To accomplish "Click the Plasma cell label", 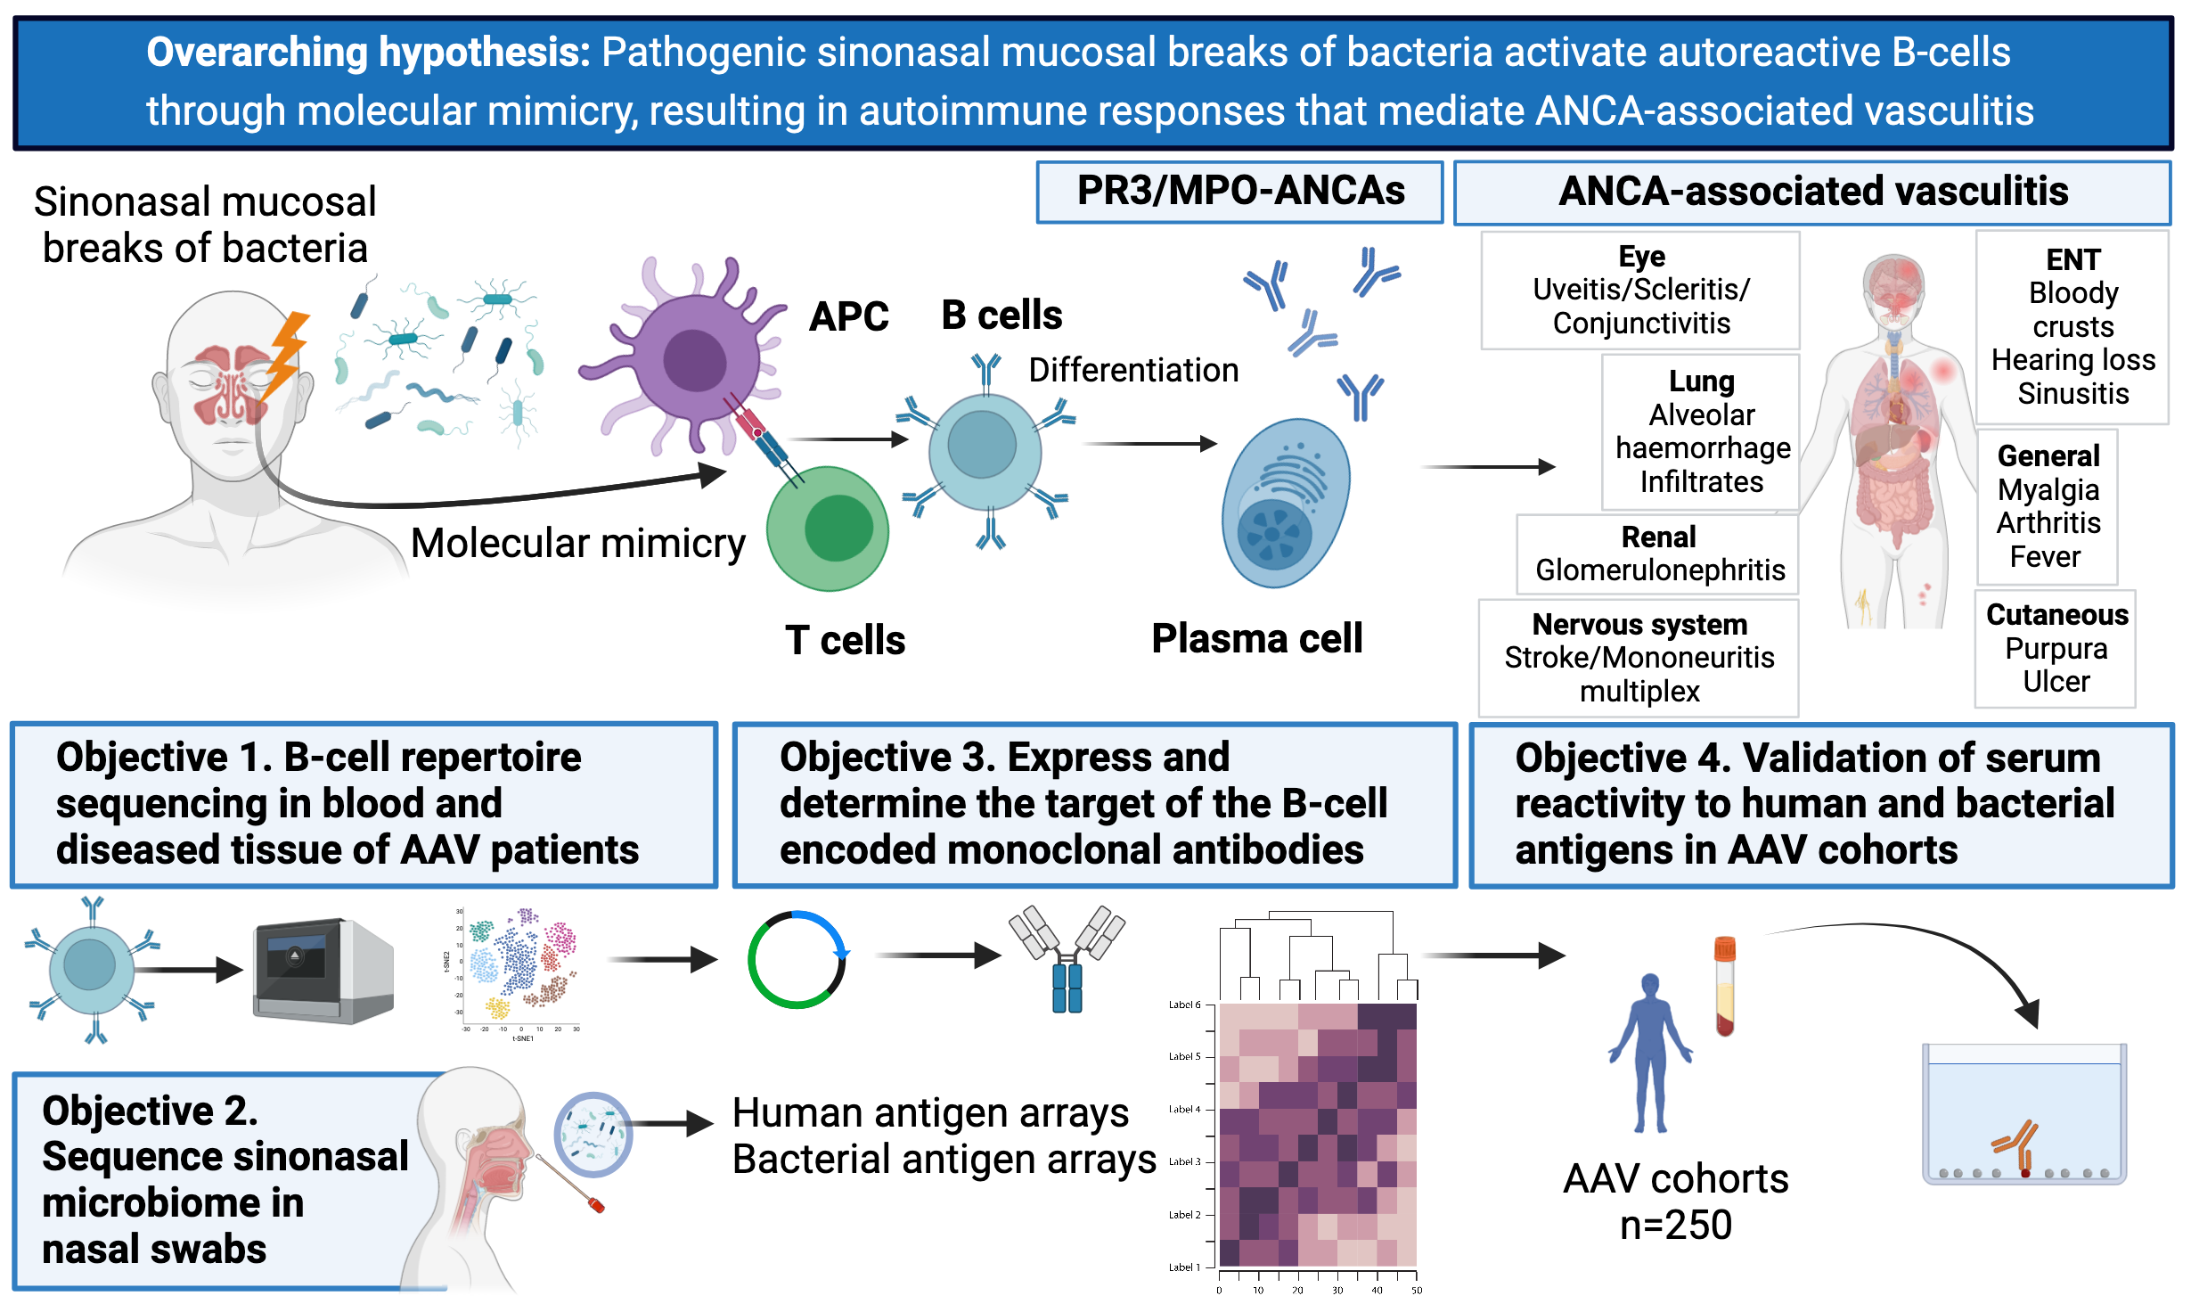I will [x=1256, y=638].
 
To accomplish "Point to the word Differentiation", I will [x=1133, y=370].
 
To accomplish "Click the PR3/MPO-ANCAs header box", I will [x=1239, y=192].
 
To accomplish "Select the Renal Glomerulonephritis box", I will [x=1658, y=554].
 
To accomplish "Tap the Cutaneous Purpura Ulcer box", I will [x=2056, y=648].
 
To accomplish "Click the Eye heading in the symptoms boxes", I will [x=1641, y=257].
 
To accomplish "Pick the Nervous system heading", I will [x=1639, y=624].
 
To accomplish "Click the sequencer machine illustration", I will [x=323, y=971].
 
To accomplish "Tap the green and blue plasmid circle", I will [x=797, y=959].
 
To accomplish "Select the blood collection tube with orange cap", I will [x=1725, y=985].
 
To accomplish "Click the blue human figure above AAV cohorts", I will [x=1650, y=1052].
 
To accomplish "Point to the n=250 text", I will [x=1676, y=1225].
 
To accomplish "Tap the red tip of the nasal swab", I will [x=596, y=1205].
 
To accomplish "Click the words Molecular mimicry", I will [x=577, y=543].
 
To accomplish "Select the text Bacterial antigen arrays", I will [x=944, y=1160].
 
